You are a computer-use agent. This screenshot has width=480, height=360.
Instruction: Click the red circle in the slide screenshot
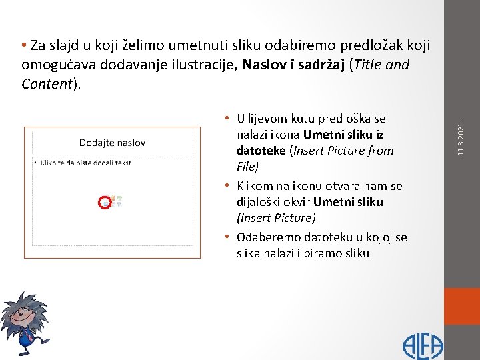(x=105, y=203)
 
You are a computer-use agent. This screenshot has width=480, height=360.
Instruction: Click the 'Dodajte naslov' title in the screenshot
(x=112, y=142)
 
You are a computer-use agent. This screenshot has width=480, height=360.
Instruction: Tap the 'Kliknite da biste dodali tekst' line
(x=85, y=163)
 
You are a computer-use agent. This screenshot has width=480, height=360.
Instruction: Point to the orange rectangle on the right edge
(x=462, y=306)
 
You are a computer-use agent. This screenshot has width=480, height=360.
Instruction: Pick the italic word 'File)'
(x=248, y=167)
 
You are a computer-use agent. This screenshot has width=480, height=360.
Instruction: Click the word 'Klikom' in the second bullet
(x=257, y=185)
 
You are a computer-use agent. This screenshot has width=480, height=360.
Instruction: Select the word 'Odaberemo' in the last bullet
(x=268, y=237)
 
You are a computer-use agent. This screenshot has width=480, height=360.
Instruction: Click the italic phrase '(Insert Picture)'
(x=276, y=218)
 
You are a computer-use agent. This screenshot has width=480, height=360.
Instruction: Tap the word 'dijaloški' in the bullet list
(x=259, y=201)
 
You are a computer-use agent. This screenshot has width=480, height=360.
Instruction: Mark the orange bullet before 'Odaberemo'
(x=227, y=237)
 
